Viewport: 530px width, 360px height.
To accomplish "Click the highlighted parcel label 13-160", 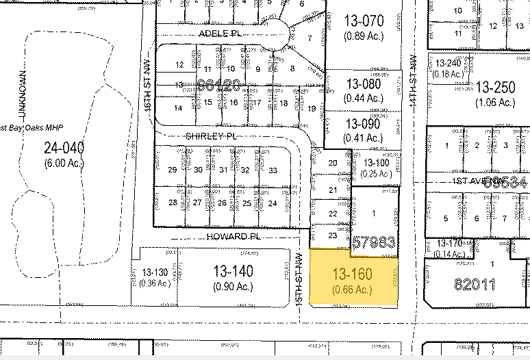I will (352, 274).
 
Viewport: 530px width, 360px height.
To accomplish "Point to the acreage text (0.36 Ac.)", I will (154, 283).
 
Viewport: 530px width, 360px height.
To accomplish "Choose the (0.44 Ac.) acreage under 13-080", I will (364, 98).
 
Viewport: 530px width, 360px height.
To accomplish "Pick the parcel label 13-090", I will (363, 124).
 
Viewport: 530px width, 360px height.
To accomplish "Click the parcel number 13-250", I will (494, 88).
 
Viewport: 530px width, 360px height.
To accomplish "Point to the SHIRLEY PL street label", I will (210, 136).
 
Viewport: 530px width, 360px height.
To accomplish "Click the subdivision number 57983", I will (374, 242).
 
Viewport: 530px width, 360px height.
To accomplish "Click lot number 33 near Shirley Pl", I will (273, 170).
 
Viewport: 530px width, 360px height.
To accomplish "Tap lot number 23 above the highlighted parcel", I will (333, 235).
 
